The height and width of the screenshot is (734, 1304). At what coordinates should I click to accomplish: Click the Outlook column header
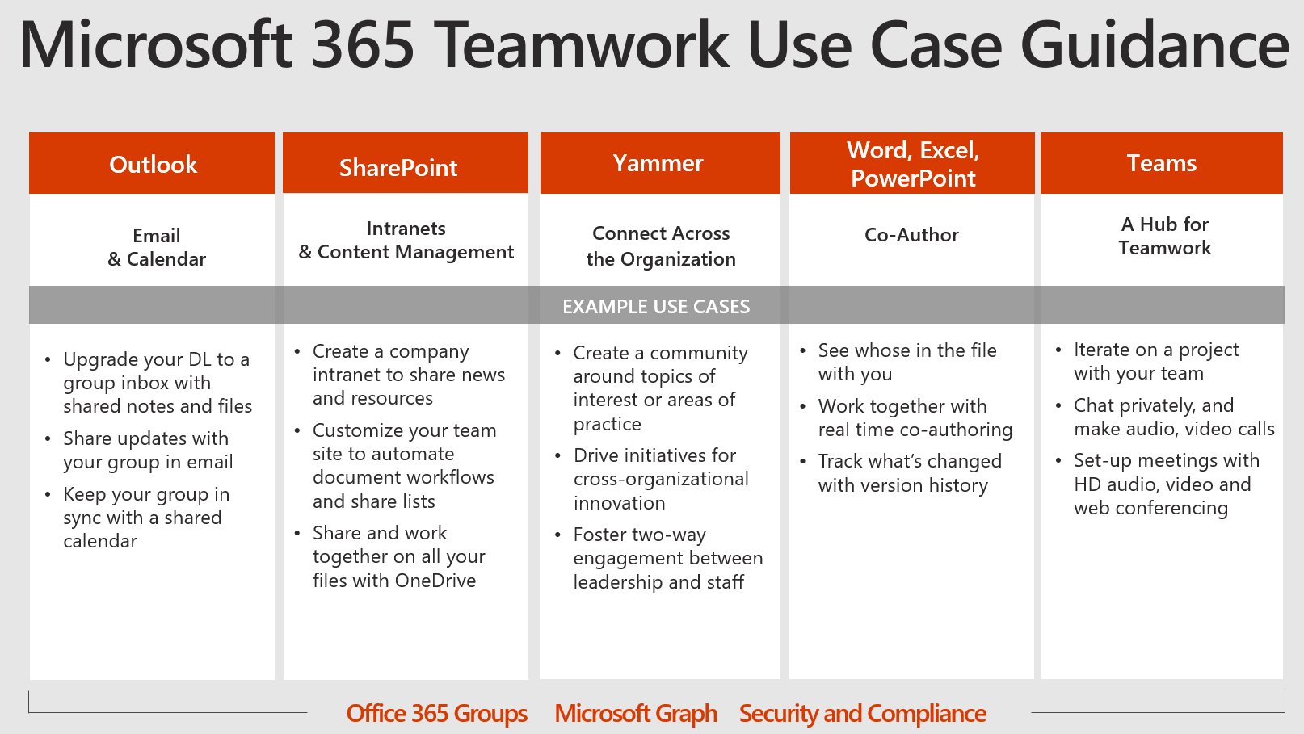[x=153, y=165]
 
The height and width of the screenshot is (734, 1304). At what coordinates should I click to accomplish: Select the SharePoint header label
[x=398, y=168]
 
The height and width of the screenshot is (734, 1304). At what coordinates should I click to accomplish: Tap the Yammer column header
[x=658, y=163]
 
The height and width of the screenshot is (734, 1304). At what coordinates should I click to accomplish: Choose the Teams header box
[x=1162, y=163]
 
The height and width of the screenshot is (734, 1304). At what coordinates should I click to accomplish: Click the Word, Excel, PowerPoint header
[x=913, y=164]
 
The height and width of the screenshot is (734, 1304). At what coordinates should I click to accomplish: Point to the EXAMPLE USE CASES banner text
[x=656, y=307]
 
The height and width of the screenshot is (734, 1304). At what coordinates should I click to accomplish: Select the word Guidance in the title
[x=1155, y=45]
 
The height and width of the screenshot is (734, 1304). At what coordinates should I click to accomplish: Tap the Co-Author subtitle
[x=911, y=235]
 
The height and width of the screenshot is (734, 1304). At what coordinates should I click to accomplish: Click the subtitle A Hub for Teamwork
[x=1165, y=236]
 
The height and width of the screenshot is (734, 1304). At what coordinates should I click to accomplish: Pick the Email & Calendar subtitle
[x=157, y=247]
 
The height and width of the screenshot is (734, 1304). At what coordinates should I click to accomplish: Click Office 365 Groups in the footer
[x=436, y=714]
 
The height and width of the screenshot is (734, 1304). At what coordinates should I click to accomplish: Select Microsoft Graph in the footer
[x=636, y=714]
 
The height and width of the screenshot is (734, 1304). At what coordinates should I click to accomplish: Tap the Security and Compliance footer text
[x=862, y=714]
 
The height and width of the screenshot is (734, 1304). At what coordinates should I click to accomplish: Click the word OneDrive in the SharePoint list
[x=435, y=581]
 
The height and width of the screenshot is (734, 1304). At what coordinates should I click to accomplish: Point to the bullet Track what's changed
[x=910, y=473]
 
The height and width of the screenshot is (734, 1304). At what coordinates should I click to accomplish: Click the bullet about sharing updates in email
[x=148, y=450]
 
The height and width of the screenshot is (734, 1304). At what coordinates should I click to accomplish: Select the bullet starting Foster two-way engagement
[x=667, y=558]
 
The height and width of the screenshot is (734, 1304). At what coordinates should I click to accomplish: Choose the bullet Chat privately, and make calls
[x=1173, y=417]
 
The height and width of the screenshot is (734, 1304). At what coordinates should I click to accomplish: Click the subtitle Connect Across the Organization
[x=661, y=246]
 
